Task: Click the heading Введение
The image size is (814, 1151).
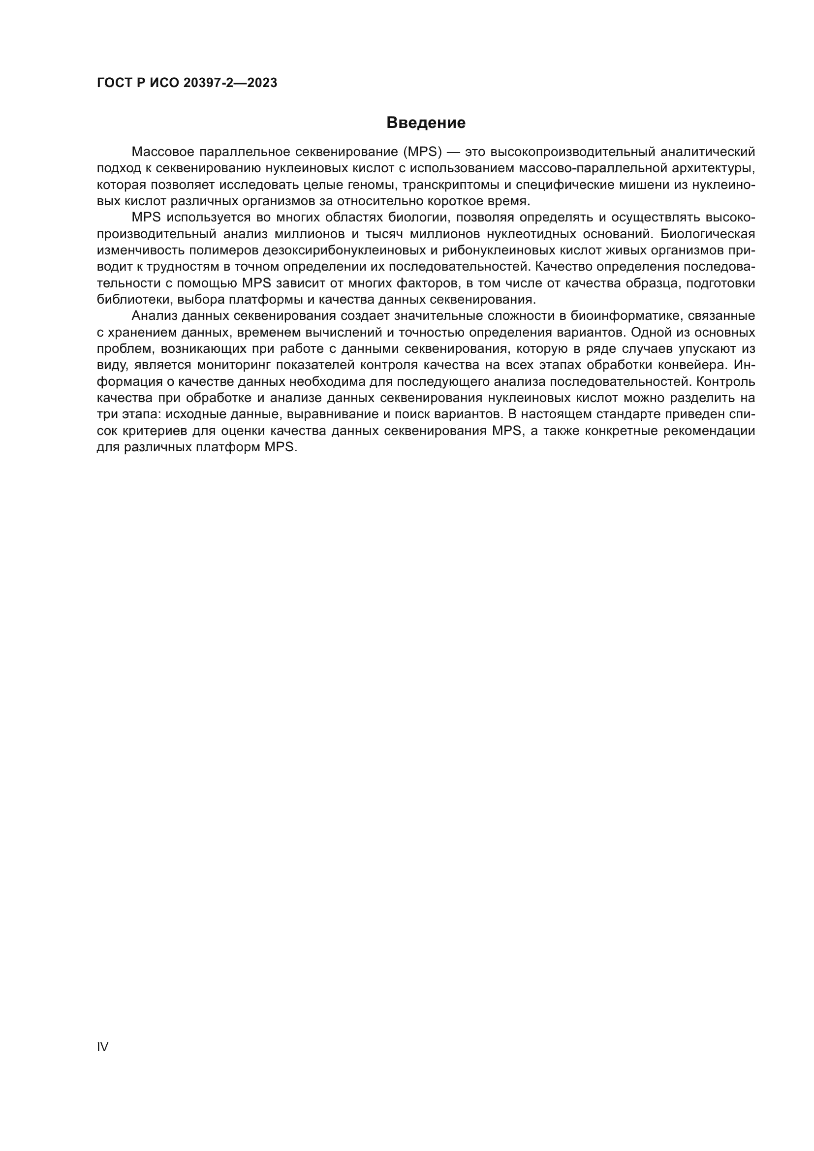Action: (x=426, y=123)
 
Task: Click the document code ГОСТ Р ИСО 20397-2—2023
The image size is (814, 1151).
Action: (x=187, y=83)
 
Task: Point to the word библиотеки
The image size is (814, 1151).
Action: (x=134, y=300)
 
